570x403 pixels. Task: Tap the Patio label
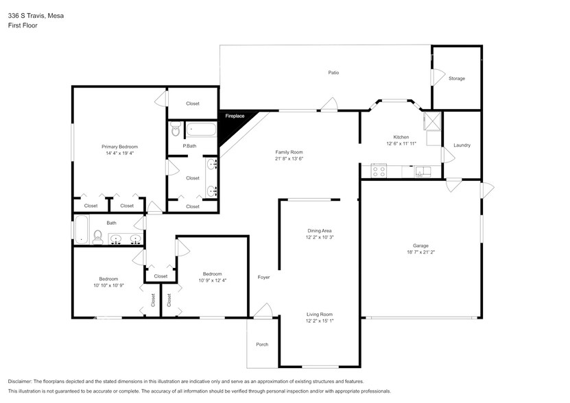[333, 73]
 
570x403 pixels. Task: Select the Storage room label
[456, 78]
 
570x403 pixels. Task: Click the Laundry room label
[462, 145]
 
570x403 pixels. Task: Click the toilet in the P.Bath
[175, 128]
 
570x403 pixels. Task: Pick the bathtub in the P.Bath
[201, 128]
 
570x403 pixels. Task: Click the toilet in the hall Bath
[97, 237]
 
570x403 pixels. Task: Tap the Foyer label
[263, 278]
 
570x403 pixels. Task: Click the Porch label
[262, 344]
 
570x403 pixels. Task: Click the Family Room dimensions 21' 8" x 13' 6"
[289, 159]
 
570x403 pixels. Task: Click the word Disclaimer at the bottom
[23, 381]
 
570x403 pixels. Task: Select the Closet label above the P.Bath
[193, 103]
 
